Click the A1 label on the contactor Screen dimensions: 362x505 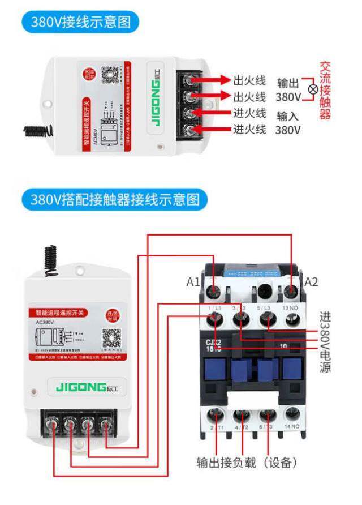(x=194, y=281)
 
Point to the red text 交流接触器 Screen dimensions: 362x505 (x=324, y=91)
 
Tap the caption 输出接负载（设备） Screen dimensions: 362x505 (x=247, y=463)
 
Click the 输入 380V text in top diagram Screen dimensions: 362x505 (x=288, y=123)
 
